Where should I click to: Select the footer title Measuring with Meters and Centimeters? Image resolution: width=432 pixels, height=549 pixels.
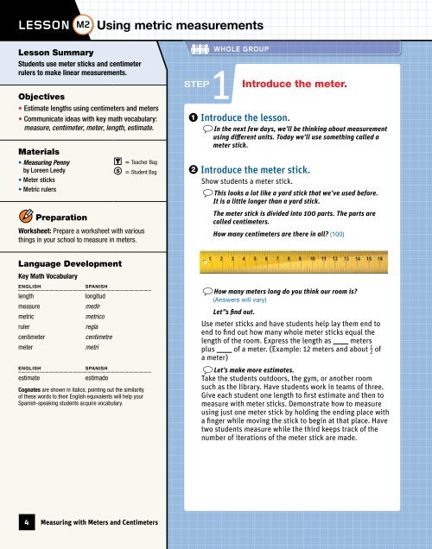coord(116,522)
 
